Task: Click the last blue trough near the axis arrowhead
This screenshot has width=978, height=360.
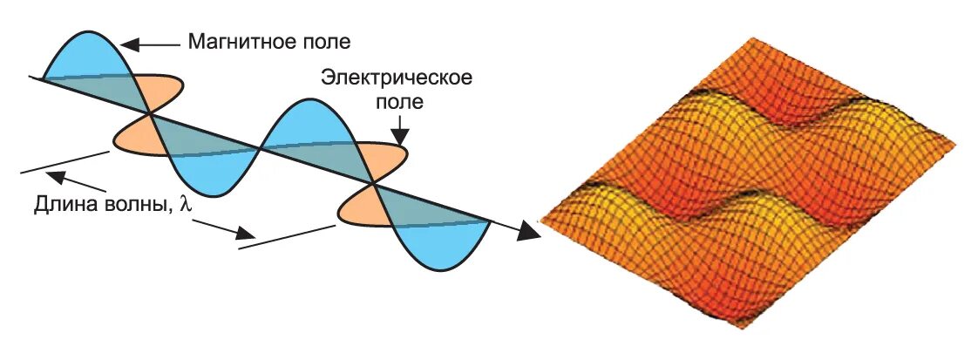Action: point(440,244)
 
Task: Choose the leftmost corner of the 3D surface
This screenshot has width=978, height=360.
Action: point(542,218)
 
